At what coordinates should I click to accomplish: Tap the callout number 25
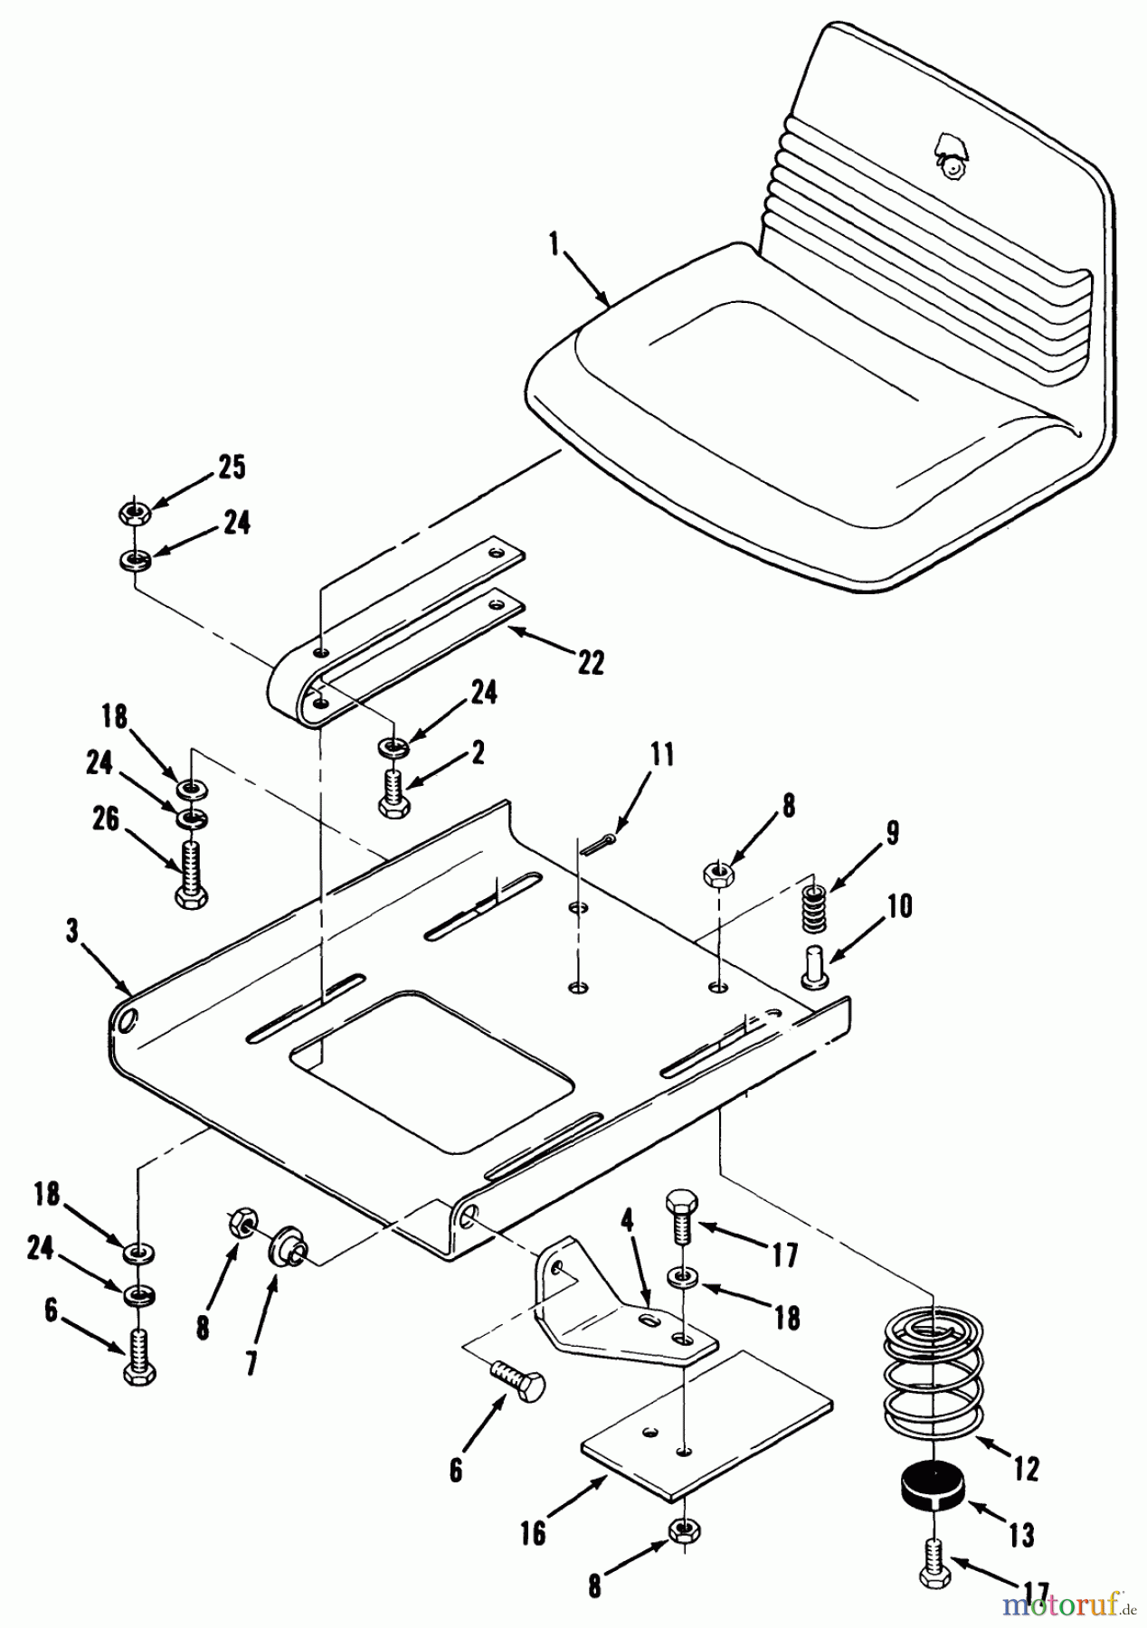tap(232, 468)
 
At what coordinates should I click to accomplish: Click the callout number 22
tap(591, 663)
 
